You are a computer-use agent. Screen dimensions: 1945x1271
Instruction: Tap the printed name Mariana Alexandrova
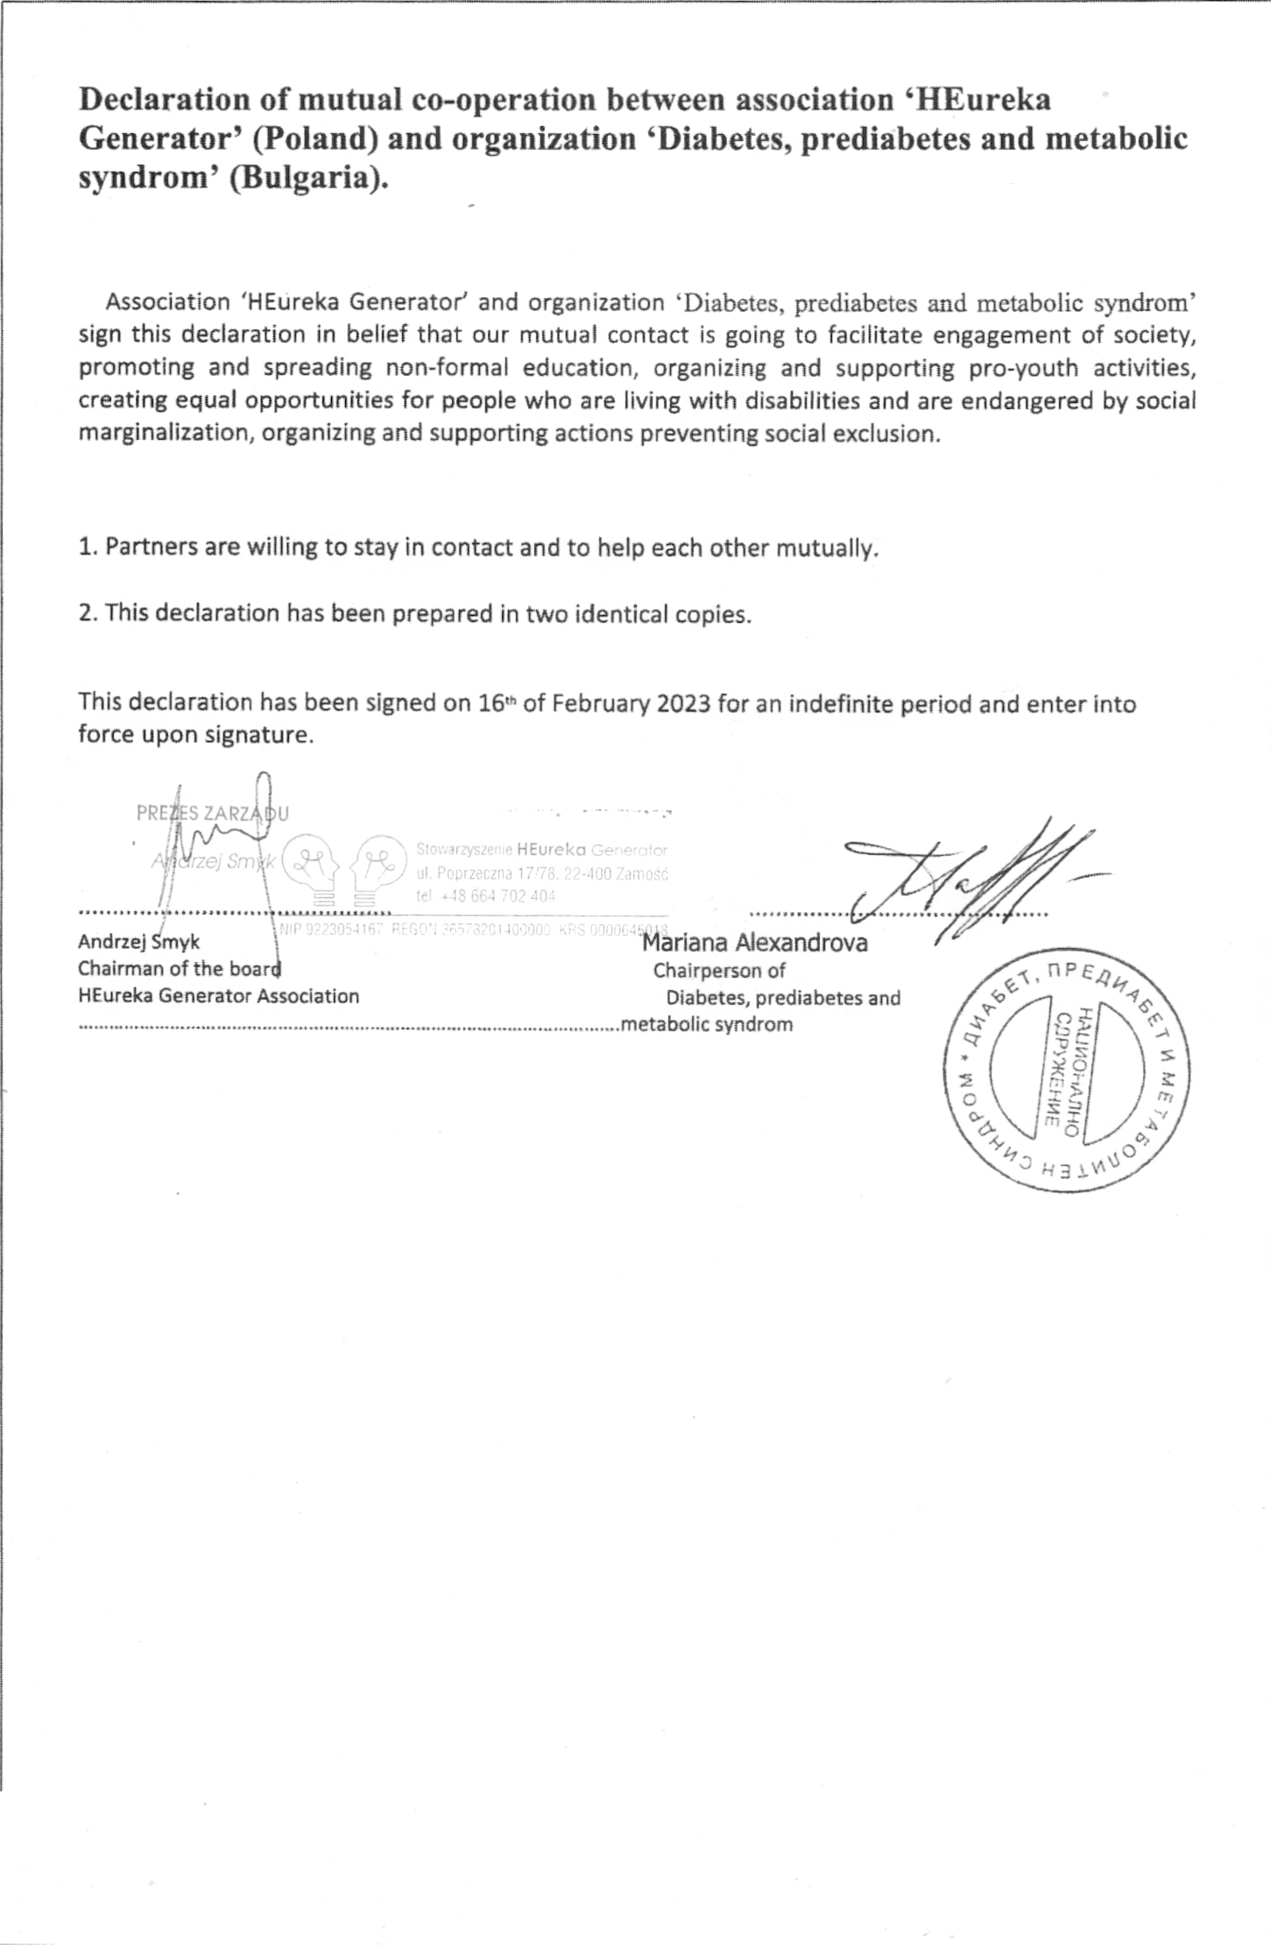[755, 943]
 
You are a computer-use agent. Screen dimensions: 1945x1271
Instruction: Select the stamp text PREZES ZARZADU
[213, 813]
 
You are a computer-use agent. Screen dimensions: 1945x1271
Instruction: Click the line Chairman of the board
[180, 968]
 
